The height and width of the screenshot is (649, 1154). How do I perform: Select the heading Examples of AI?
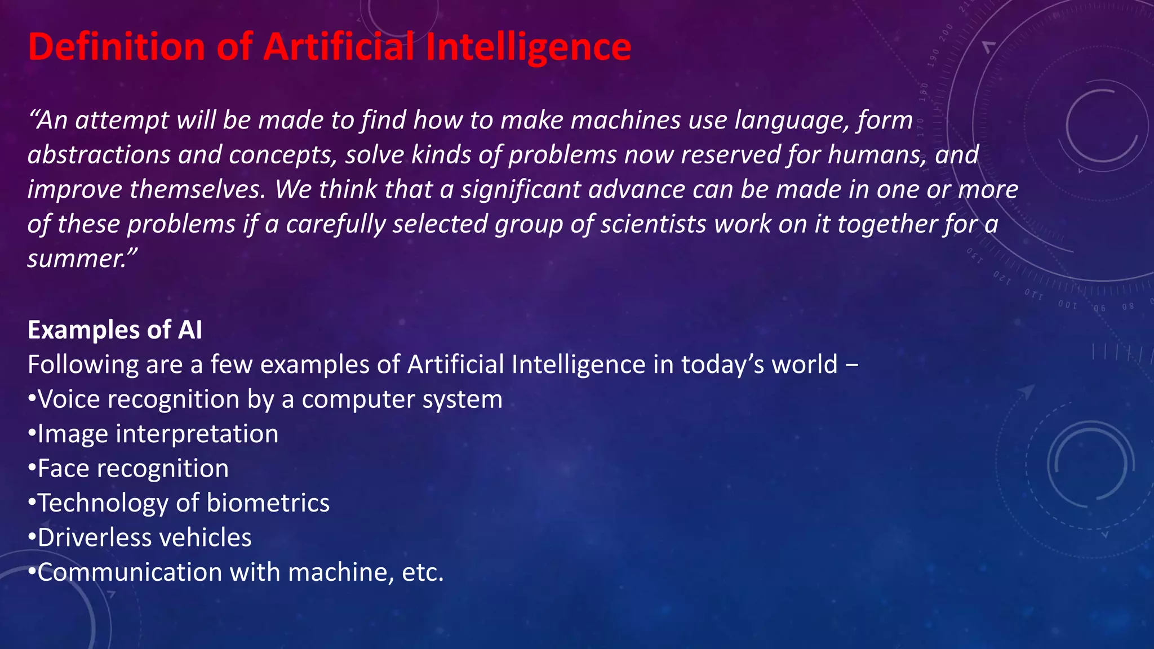point(115,330)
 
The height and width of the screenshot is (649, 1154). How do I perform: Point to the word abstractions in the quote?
point(99,155)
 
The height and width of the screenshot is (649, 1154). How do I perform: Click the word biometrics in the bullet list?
point(268,503)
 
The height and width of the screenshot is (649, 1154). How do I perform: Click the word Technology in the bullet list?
point(103,503)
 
